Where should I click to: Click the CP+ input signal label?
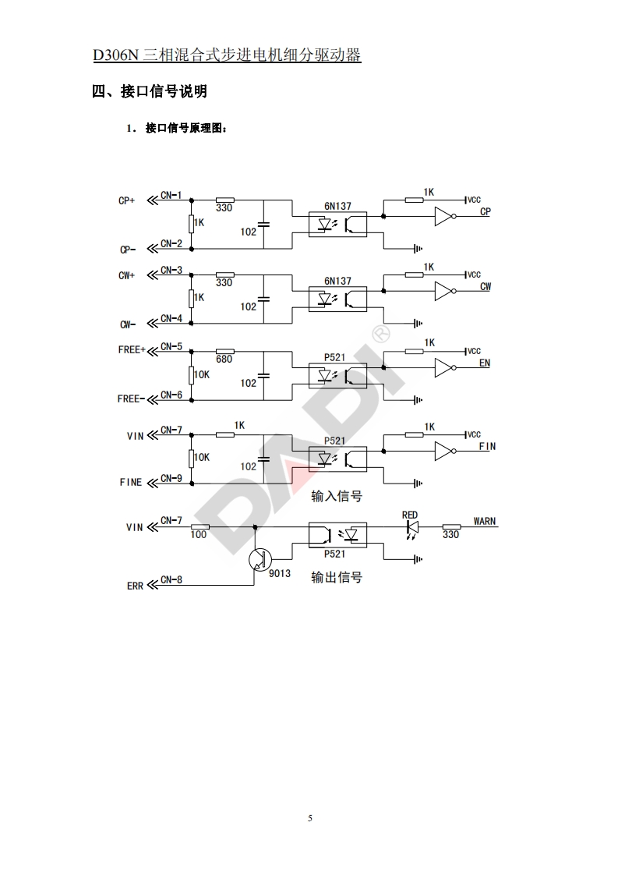(x=126, y=200)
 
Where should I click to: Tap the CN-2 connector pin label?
(x=171, y=244)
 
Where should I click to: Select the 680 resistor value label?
(x=224, y=359)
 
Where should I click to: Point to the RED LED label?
(x=410, y=515)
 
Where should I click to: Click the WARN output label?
(x=485, y=520)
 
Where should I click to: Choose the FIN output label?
(x=487, y=447)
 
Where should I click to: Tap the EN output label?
(x=485, y=363)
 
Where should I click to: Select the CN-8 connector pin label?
(x=171, y=579)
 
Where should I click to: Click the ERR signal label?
(x=135, y=586)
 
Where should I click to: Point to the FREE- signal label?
(x=130, y=399)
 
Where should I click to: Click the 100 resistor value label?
(x=199, y=535)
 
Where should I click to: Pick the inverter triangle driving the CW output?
(x=443, y=292)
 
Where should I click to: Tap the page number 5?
(x=309, y=818)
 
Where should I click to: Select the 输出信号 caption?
(x=337, y=578)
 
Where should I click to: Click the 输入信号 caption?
(x=337, y=496)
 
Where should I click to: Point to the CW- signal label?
(x=127, y=324)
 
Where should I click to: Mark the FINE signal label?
(x=131, y=482)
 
